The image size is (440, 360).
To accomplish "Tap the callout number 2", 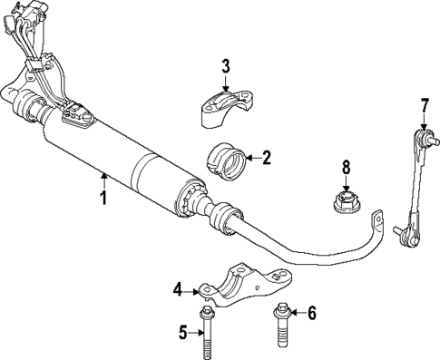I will pyautogui.click(x=267, y=157).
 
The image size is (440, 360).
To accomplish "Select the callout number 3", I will pyautogui.click(x=227, y=65).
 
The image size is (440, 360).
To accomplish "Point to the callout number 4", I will pyautogui.click(x=179, y=290).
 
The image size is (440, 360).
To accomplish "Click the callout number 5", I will pyautogui.click(x=182, y=333).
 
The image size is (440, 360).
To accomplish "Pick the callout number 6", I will pyautogui.click(x=310, y=314).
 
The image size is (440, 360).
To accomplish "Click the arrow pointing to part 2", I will pyautogui.click(x=251, y=158).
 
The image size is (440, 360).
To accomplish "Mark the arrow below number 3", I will pyautogui.click(x=227, y=83).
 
